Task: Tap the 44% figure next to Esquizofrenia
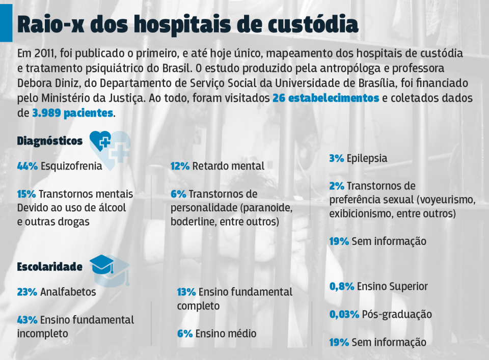pyautogui.click(x=28, y=166)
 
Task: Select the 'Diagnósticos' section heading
pyautogui.click(x=50, y=141)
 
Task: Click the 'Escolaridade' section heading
pyautogui.click(x=50, y=267)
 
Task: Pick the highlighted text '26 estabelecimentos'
pyautogui.click(x=325, y=98)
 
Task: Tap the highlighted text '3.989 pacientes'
pyautogui.click(x=72, y=113)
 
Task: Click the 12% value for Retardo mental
pyautogui.click(x=180, y=166)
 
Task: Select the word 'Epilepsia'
pyautogui.click(x=367, y=158)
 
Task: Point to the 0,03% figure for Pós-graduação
pyautogui.click(x=344, y=314)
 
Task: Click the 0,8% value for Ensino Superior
pyautogui.click(x=341, y=287)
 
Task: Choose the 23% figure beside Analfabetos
pyautogui.click(x=27, y=292)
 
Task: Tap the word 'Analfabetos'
pyautogui.click(x=68, y=292)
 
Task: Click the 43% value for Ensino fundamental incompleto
pyautogui.click(x=27, y=320)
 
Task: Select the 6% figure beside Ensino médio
pyautogui.click(x=184, y=334)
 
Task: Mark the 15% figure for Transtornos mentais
pyautogui.click(x=26, y=194)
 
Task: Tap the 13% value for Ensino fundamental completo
pyautogui.click(x=186, y=292)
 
